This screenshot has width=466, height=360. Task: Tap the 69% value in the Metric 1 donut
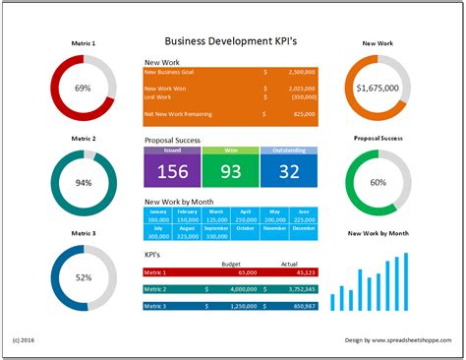[84, 89]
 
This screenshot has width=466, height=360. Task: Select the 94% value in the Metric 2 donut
[84, 183]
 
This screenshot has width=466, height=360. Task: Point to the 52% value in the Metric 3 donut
[84, 278]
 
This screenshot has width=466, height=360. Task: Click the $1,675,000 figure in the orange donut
[379, 89]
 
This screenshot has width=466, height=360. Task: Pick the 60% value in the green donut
[379, 183]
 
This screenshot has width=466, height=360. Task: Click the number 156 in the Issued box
[172, 171]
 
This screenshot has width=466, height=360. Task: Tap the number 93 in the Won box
[230, 171]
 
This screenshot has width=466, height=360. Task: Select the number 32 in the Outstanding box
[288, 171]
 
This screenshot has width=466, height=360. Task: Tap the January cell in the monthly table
[157, 211]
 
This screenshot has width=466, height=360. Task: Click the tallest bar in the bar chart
[408, 281]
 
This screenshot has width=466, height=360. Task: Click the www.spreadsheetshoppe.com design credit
[411, 340]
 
